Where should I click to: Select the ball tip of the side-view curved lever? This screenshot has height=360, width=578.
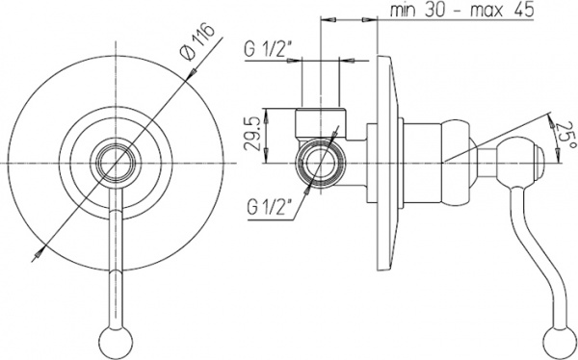click(x=558, y=339)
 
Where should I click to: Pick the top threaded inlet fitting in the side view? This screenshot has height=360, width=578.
click(x=320, y=123)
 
